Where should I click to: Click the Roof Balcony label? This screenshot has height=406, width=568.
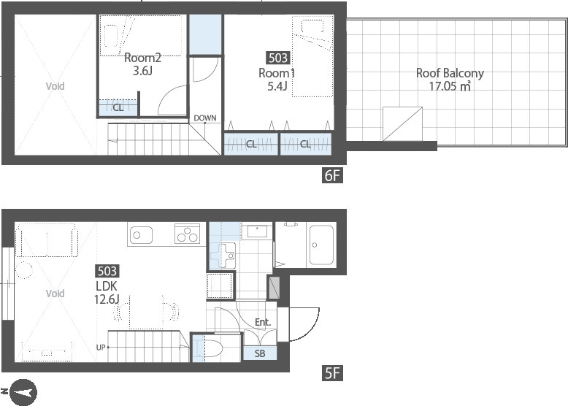coord(450,73)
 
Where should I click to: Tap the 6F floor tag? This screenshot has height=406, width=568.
coord(332,176)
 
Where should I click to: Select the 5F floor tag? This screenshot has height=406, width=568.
coord(332,373)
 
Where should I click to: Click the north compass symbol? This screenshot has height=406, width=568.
coord(23,393)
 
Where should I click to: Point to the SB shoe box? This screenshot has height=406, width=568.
coord(260,353)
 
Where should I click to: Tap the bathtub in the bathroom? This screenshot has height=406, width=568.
coord(321,245)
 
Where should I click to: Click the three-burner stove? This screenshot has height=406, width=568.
coord(188,233)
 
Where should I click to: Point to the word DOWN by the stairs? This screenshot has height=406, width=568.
coord(205,118)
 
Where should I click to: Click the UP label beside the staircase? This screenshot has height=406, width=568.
coord(101,348)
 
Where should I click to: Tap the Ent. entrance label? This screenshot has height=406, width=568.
coord(263,322)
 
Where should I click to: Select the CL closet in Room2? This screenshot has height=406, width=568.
coord(118,107)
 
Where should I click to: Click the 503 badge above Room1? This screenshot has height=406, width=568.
coord(278,58)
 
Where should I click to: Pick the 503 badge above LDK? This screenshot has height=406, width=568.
coord(107,271)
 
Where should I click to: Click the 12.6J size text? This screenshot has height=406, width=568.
coord(107,299)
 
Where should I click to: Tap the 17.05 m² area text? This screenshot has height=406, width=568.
coord(450,87)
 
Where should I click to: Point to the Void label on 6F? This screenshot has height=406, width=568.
coord(55,86)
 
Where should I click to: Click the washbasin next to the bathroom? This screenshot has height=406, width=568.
coord(257,230)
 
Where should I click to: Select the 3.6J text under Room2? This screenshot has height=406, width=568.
coord(142,71)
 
